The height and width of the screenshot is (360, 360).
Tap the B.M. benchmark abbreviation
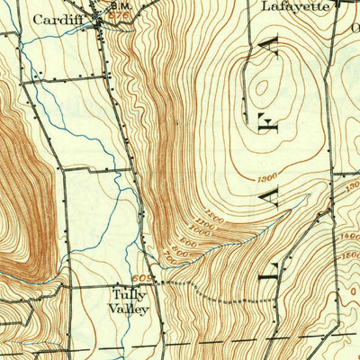click(119, 6)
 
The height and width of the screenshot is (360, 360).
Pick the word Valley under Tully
click(130, 308)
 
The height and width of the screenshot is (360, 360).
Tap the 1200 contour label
click(267, 179)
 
